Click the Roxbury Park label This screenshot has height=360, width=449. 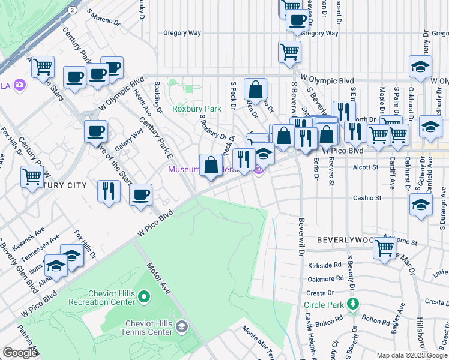pos(196,109)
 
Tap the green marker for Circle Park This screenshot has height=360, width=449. pos(354,305)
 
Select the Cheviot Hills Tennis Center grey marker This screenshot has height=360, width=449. pos(182,326)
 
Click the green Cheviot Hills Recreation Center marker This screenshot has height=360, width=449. pos(143,296)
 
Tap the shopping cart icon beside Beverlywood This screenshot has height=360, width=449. pos(384,247)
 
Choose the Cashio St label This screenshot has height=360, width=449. pos(367,197)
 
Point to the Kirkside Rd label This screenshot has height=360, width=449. pos(325,264)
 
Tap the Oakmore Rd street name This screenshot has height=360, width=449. pos(324,278)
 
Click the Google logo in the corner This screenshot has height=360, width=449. pos(20,353)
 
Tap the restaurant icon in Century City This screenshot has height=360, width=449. pos(109,191)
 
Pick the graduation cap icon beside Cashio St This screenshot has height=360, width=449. pos(421,203)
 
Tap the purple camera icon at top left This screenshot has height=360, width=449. pos(20,85)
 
